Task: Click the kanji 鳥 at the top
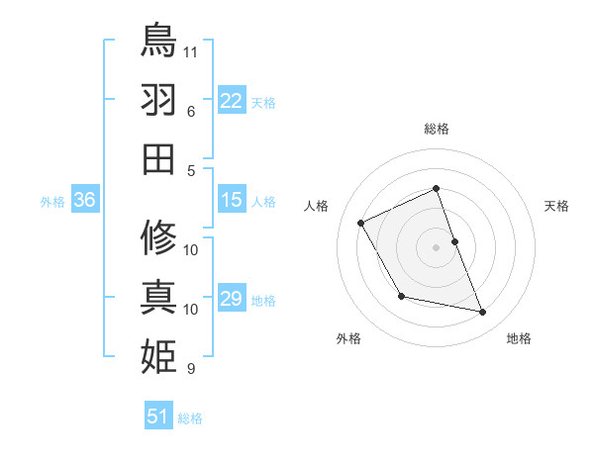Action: pyautogui.click(x=158, y=41)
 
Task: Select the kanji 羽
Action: pyautogui.click(x=158, y=99)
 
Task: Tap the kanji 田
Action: pyautogui.click(x=158, y=158)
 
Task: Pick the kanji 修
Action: pyautogui.click(x=158, y=237)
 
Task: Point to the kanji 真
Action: pyautogui.click(x=158, y=296)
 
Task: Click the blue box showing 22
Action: pyautogui.click(x=232, y=100)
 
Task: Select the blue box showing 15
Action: pyautogui.click(x=232, y=200)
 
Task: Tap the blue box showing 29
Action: pyautogui.click(x=232, y=299)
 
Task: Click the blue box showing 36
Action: pyautogui.click(x=85, y=200)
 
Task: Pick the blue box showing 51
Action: pyautogui.click(x=158, y=417)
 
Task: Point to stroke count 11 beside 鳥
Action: pyautogui.click(x=192, y=49)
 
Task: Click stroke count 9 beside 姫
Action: pyautogui.click(x=191, y=369)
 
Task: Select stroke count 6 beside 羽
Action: pyautogui.click(x=190, y=111)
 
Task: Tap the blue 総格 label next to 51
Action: pyautogui.click(x=190, y=418)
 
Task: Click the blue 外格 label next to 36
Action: pyautogui.click(x=52, y=202)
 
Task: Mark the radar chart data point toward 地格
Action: pyautogui.click(x=483, y=313)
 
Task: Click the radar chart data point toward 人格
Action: pyautogui.click(x=361, y=224)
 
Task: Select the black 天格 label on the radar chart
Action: pyautogui.click(x=556, y=206)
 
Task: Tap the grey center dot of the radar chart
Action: pyautogui.click(x=436, y=246)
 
